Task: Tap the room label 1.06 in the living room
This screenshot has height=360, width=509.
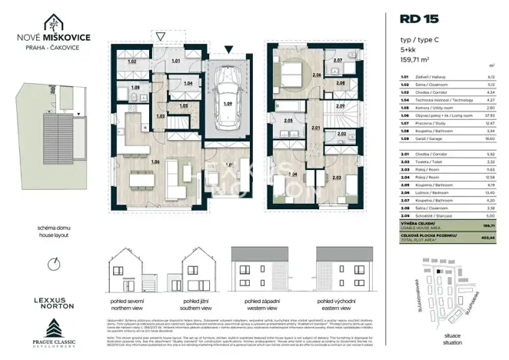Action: click(x=156, y=162)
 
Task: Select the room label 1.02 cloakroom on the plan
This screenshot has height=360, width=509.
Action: click(x=131, y=61)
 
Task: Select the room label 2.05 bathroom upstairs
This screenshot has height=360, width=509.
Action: click(x=288, y=121)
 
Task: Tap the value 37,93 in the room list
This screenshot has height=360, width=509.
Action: click(x=489, y=118)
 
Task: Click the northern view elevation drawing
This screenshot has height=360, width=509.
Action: click(x=127, y=272)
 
